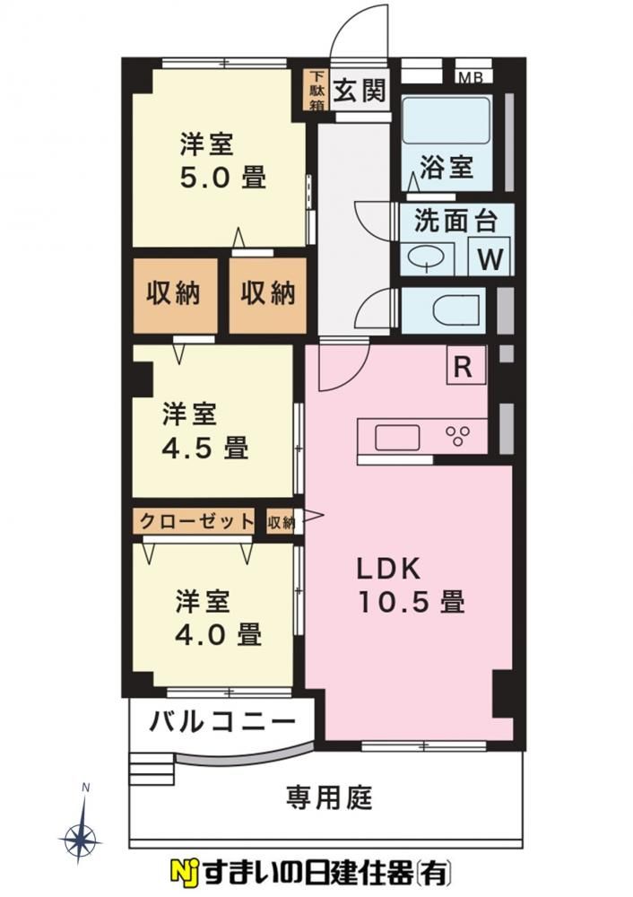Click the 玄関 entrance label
[x=360, y=90]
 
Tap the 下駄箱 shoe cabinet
[x=316, y=91]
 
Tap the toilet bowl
[x=455, y=311]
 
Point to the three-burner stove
[x=458, y=437]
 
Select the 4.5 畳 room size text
[x=205, y=448]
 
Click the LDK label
[x=389, y=569]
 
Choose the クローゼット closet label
[x=196, y=521]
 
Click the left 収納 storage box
[x=175, y=294]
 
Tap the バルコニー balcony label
[x=222, y=722]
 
